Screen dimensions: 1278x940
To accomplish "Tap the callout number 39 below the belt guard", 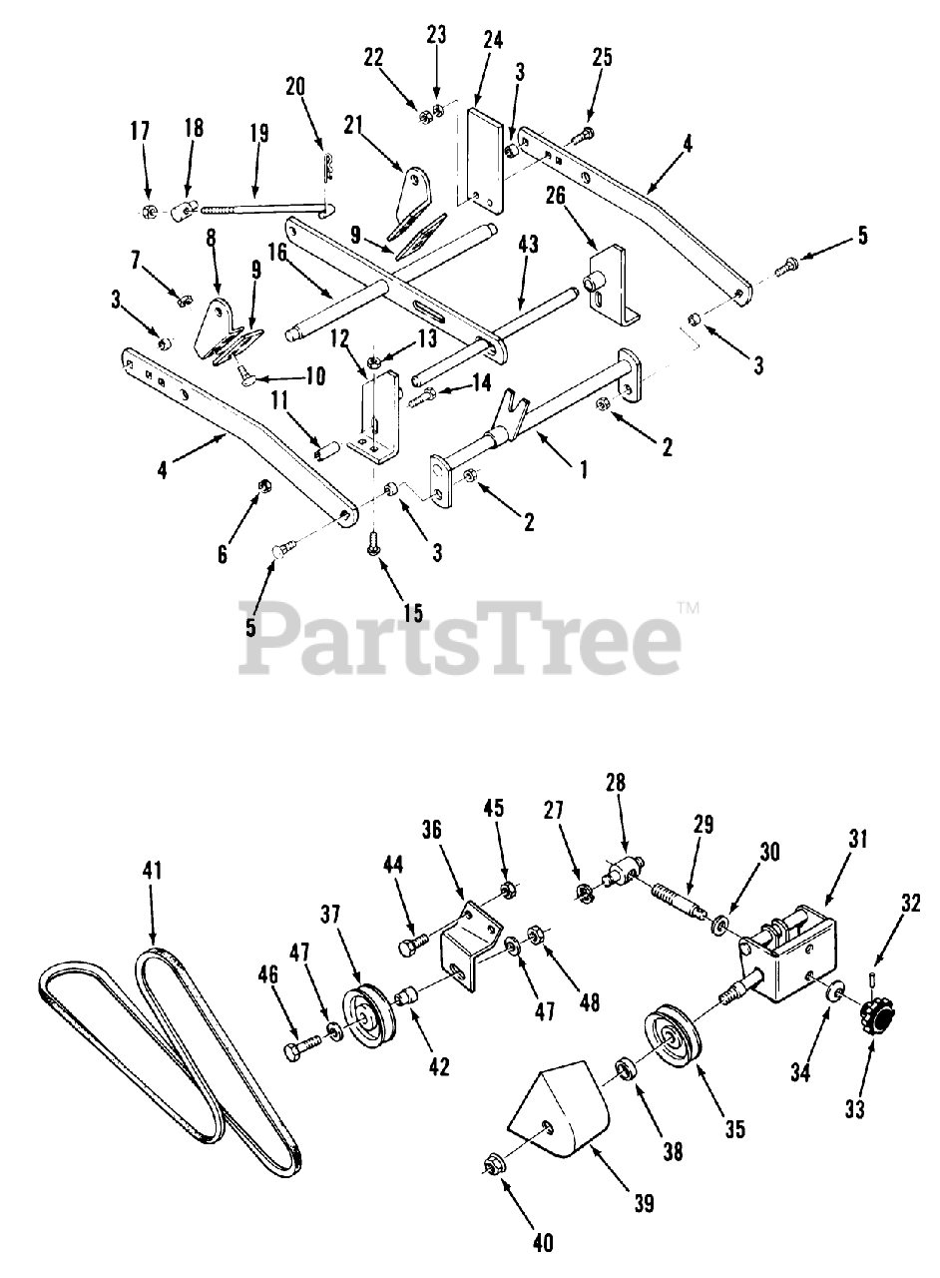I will [x=644, y=1205].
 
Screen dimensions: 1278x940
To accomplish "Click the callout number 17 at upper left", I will [x=140, y=130].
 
